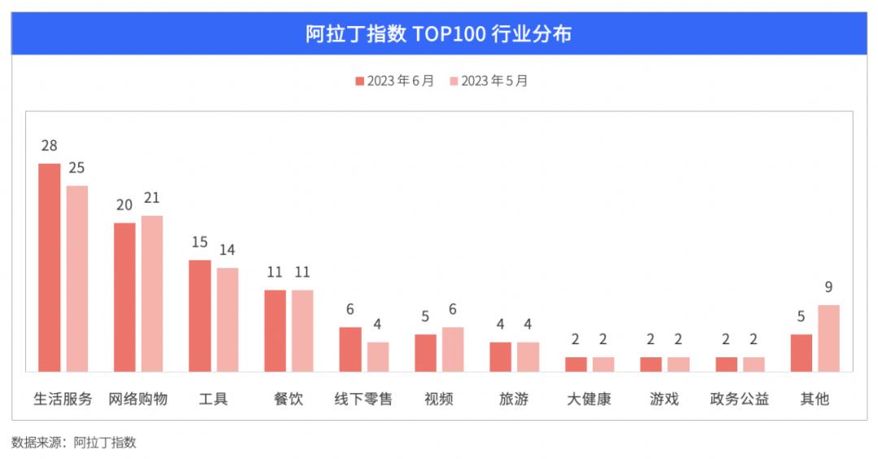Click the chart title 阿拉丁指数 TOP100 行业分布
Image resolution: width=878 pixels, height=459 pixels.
click(x=439, y=34)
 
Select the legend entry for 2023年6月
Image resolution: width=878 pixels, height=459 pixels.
click(x=395, y=81)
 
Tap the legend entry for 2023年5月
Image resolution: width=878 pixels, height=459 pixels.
click(x=489, y=81)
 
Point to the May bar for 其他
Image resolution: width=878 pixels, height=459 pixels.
click(x=828, y=338)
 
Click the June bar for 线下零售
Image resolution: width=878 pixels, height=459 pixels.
click(x=350, y=349)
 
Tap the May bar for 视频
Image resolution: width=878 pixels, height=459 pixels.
click(x=453, y=349)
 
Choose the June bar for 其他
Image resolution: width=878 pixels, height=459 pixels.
click(x=802, y=352)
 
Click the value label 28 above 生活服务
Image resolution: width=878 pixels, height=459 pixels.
click(x=50, y=146)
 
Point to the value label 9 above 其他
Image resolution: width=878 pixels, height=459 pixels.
click(x=828, y=288)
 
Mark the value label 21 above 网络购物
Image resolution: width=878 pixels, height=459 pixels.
click(x=152, y=199)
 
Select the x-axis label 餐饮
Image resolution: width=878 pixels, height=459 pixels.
click(x=289, y=400)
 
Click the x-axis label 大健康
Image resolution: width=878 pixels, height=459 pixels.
click(x=589, y=400)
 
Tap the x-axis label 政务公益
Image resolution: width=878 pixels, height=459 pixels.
click(x=740, y=400)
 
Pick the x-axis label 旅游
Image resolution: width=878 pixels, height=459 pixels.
click(x=514, y=400)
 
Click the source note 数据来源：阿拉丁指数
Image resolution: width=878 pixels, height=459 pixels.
click(x=74, y=443)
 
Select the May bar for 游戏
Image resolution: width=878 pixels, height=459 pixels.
click(x=678, y=364)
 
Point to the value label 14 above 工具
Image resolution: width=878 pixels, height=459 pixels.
click(x=227, y=251)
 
